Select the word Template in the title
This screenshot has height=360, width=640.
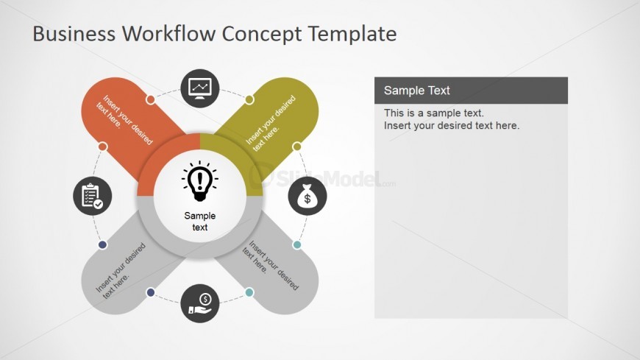pos(352,34)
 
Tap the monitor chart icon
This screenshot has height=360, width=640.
pos(200,88)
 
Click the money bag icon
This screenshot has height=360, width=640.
pos(307,196)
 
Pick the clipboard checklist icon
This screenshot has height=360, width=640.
pos(93,196)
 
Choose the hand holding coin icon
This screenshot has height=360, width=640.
pos(200,303)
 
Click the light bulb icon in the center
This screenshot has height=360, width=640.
pos(200,181)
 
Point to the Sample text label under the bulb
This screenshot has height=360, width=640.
pos(200,221)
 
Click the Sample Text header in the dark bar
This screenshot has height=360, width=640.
pos(416,91)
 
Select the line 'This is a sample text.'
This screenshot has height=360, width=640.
pos(434,113)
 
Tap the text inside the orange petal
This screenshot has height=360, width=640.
pos(124,120)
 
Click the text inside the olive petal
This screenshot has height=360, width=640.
pos(271,123)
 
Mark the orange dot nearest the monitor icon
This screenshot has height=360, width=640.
pos(151,99)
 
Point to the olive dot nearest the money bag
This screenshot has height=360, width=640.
pos(296,147)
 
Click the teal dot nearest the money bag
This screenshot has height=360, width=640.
pos(297,244)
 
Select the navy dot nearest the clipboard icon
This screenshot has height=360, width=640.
pos(103,244)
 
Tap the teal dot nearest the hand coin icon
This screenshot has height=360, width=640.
pos(249,292)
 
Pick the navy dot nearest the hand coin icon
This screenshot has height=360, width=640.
pos(151,292)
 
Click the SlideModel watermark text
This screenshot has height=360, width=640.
pos(329,178)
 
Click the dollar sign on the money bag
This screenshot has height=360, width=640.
pos(307,199)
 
